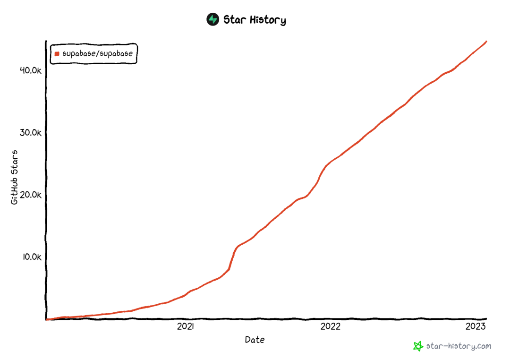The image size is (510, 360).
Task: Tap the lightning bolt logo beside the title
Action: click(x=213, y=19)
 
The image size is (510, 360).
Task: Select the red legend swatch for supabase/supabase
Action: click(x=57, y=54)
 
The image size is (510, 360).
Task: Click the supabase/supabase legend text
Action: click(x=97, y=54)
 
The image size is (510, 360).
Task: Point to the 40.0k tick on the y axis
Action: click(x=31, y=70)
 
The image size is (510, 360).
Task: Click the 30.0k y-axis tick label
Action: click(x=31, y=133)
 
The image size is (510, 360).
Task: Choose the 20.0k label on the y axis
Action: click(x=31, y=195)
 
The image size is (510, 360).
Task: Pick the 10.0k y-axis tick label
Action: click(x=31, y=257)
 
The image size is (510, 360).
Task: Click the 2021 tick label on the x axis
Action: click(x=186, y=326)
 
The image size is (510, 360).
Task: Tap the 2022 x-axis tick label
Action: click(x=330, y=326)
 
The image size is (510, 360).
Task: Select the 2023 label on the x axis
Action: click(x=475, y=326)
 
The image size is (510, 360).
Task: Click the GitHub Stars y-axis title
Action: click(x=15, y=178)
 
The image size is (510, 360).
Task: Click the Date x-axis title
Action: click(x=255, y=340)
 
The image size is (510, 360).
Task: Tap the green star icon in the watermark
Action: click(x=418, y=346)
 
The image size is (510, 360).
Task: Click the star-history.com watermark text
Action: click(x=459, y=346)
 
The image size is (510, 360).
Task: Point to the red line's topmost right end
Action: click(x=486, y=42)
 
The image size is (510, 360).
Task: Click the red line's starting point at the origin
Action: click(x=46, y=319)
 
